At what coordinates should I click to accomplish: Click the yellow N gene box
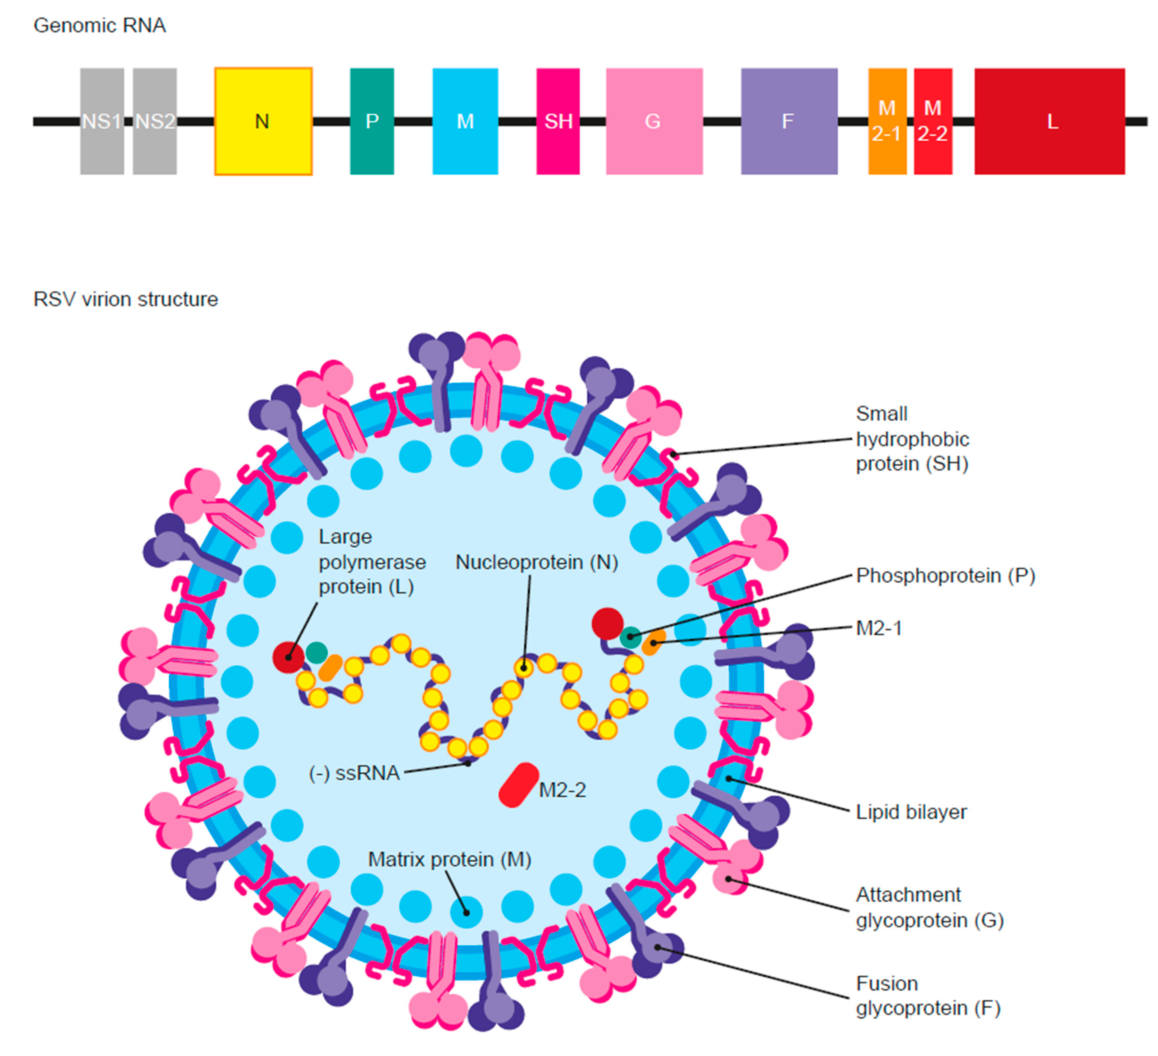tap(263, 121)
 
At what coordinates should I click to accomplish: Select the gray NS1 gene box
tap(102, 121)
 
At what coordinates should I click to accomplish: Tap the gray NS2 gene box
tap(154, 121)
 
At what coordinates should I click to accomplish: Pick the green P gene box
tap(372, 121)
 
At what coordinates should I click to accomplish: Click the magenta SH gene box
tap(558, 121)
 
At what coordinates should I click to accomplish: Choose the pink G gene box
tap(654, 121)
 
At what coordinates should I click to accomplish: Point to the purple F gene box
tap(789, 121)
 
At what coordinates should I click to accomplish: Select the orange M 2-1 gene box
tap(887, 121)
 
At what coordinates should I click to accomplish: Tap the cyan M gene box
tap(465, 121)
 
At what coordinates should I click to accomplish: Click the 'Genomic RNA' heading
tap(99, 26)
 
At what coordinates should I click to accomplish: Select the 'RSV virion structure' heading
tap(125, 299)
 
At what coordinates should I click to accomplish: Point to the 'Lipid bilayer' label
tap(911, 812)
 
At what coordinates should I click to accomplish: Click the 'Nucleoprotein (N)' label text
tap(537, 562)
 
